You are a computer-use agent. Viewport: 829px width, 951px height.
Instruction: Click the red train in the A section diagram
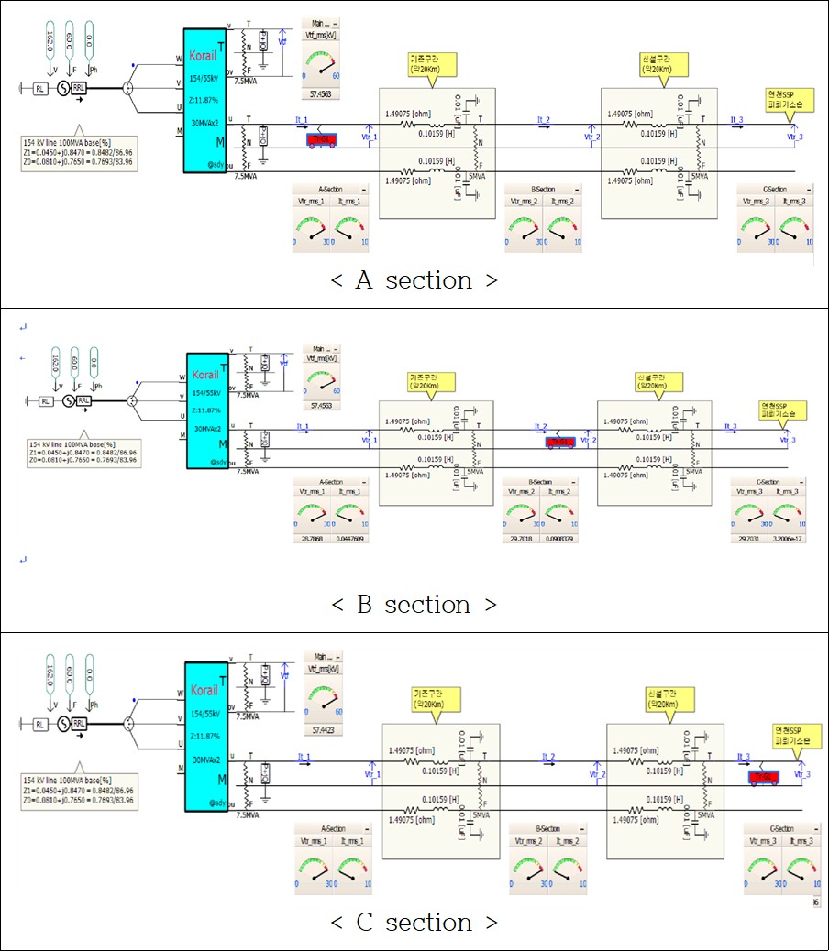[321, 139]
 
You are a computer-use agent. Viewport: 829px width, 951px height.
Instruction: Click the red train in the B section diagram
[559, 443]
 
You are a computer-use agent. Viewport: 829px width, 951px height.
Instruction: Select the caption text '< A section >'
[414, 280]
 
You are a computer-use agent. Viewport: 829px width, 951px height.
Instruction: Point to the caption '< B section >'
[414, 605]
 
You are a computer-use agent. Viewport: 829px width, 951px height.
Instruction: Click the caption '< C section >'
[414, 922]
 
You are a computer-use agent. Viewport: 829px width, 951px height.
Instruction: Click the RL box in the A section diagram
[40, 89]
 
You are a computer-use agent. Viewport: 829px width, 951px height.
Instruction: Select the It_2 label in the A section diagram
[544, 120]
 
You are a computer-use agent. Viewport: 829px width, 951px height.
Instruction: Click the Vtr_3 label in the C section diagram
[802, 775]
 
